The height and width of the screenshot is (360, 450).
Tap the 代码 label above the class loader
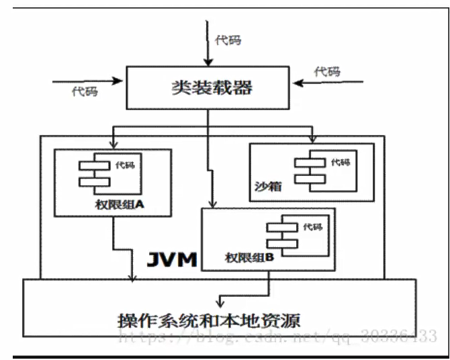click(228, 40)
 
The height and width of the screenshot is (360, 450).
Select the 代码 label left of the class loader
click(85, 91)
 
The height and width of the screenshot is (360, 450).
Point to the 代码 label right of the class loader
click(328, 72)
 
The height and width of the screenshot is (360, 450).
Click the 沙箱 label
click(265, 186)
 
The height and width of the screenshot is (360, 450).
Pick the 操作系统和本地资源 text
click(208, 318)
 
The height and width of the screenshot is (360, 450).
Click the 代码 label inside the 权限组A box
click(125, 165)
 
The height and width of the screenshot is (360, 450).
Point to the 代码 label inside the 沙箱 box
click(341, 162)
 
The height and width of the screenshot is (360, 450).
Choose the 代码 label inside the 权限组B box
click(313, 226)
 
